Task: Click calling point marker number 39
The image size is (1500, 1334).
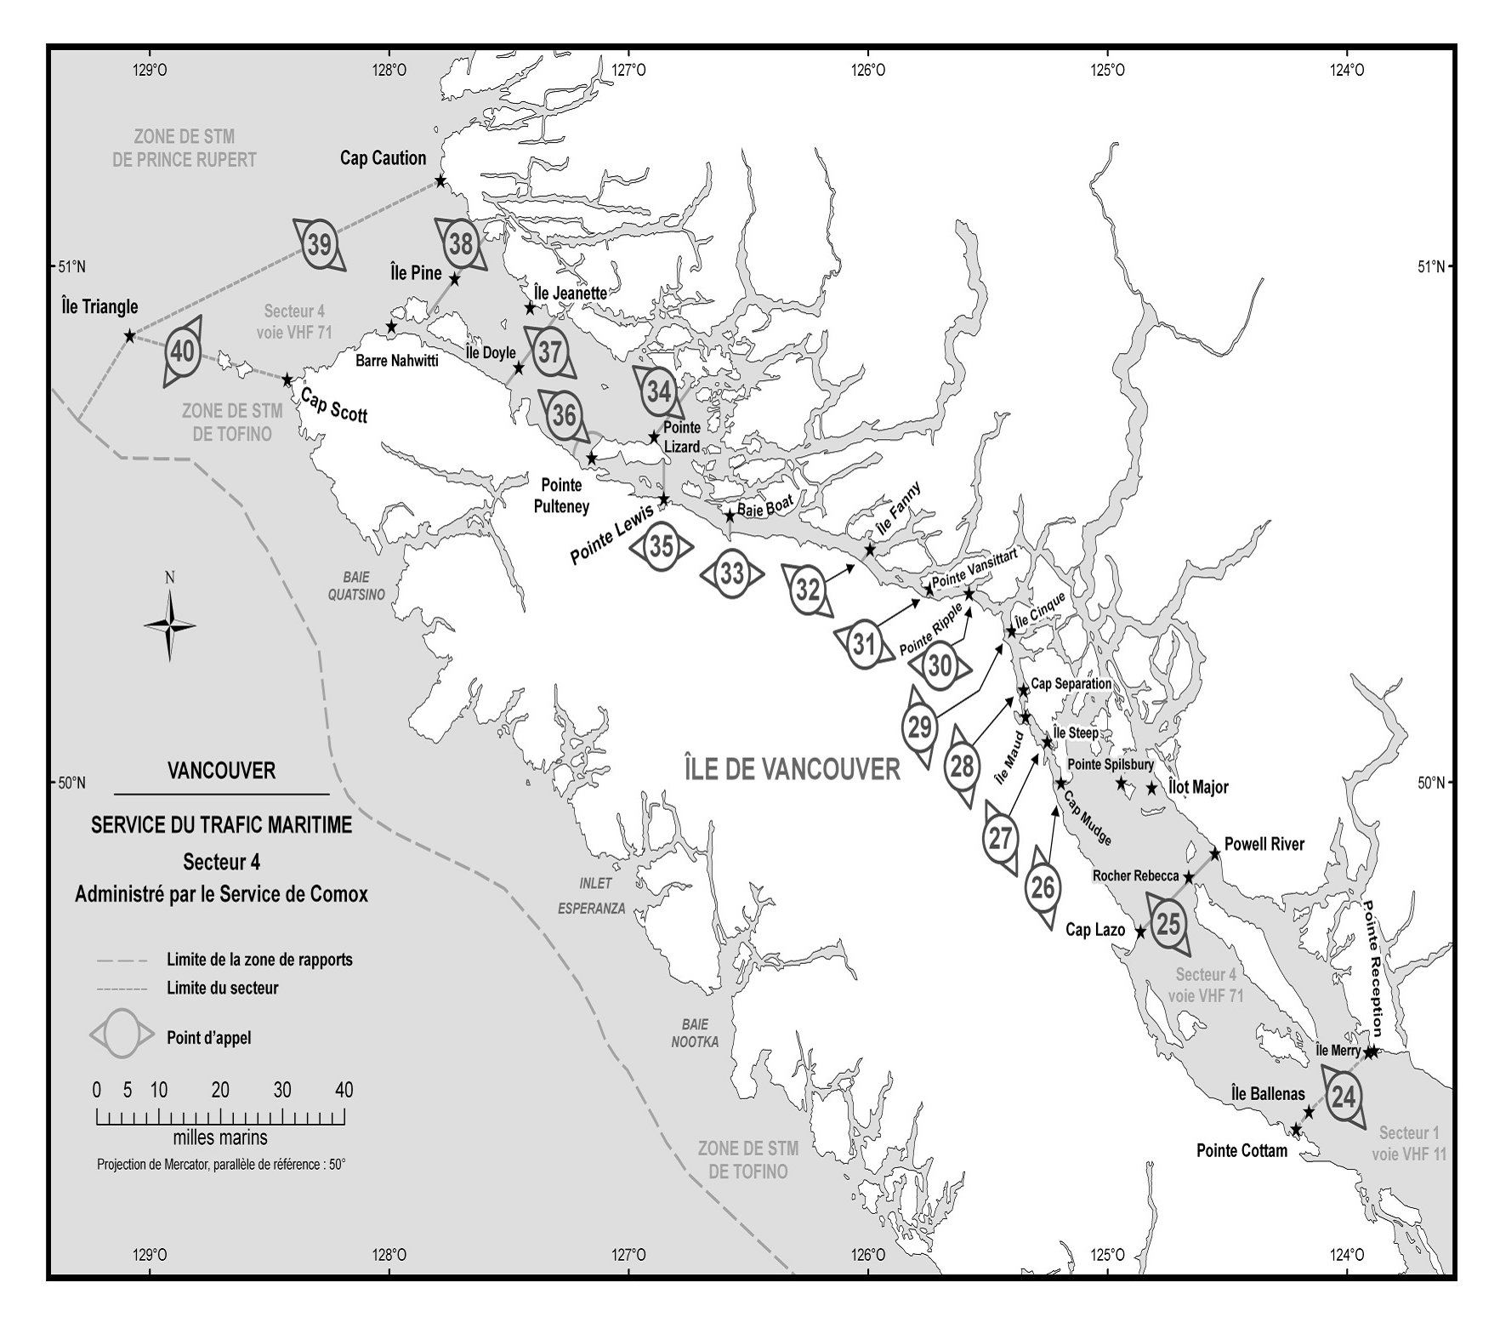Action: coord(319,245)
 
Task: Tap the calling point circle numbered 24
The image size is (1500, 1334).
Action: coord(1344,1097)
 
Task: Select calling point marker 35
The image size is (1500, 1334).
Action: coord(662,547)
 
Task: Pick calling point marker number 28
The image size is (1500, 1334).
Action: coord(961,767)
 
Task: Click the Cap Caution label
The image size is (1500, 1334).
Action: coord(383,158)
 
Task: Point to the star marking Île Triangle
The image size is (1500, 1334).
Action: coord(129,336)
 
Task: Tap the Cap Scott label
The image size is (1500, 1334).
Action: coord(334,407)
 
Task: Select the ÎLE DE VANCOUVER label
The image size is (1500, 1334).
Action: coord(792,769)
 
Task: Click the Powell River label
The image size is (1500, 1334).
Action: coord(1264,845)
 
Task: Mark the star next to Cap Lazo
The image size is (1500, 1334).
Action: coord(1141,932)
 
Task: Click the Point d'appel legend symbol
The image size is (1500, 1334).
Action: coord(122,1034)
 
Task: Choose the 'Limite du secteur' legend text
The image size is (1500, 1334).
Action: coord(222,989)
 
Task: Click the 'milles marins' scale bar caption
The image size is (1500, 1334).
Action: coord(220,1137)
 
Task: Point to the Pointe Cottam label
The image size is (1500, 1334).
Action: coord(1241,1151)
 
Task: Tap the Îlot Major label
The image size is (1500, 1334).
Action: coord(1198,787)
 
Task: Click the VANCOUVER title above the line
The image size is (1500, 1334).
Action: coord(221,771)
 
